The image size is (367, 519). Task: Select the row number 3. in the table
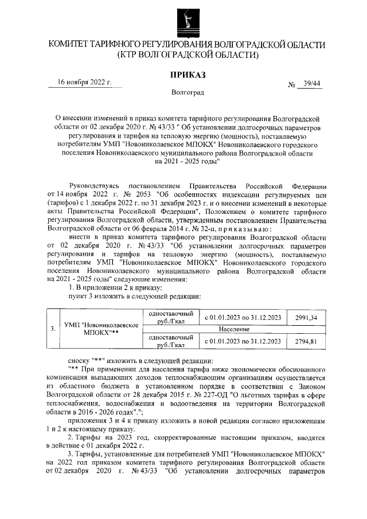52,329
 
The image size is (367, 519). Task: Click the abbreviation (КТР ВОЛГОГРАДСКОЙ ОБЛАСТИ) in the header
188,55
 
